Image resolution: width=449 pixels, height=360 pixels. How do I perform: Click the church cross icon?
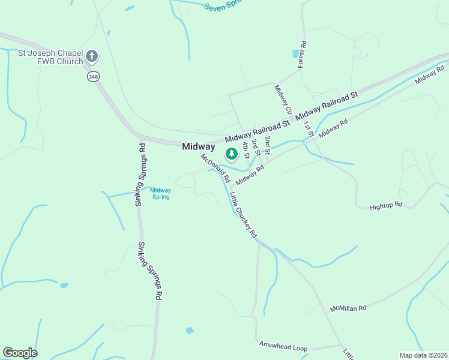(92, 57)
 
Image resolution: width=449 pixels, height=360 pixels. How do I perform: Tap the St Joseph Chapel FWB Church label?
(50, 57)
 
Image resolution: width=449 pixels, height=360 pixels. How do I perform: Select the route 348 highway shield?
(93, 76)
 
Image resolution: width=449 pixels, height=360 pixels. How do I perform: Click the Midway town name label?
(198, 146)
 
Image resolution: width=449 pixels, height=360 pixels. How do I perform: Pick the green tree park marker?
(231, 154)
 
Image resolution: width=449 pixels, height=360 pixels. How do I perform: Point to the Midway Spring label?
(160, 193)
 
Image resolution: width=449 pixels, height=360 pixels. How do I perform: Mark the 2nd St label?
(268, 144)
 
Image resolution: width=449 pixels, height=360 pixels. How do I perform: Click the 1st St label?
(309, 128)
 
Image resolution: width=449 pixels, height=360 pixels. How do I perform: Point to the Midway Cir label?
(283, 100)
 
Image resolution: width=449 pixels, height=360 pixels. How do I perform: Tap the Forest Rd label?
(303, 54)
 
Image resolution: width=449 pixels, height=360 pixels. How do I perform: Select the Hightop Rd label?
(385, 205)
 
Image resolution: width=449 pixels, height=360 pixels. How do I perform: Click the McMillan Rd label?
(348, 308)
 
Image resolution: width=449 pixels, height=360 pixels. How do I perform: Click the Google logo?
(20, 353)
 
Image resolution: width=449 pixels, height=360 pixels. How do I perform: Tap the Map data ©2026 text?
(423, 355)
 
